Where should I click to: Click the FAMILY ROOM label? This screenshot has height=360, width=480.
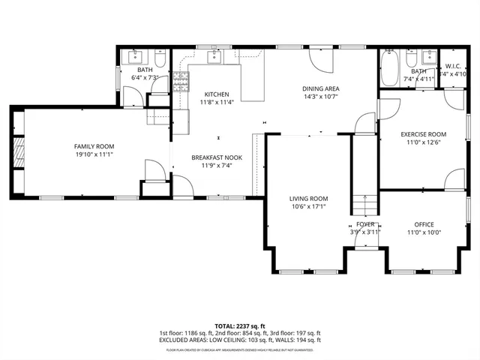click(x=93, y=146)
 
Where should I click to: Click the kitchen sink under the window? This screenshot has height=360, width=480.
click(x=215, y=57)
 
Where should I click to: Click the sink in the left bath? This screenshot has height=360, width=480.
click(x=136, y=57)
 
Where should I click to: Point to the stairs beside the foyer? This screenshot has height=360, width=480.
click(x=365, y=204)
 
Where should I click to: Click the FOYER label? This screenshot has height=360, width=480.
click(x=365, y=224)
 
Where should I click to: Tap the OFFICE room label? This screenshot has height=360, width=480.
click(x=424, y=224)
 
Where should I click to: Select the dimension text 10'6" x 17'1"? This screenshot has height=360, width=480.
click(x=309, y=208)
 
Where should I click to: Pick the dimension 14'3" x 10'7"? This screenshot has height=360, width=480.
click(x=321, y=96)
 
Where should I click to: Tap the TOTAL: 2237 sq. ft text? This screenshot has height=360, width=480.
click(x=240, y=325)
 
